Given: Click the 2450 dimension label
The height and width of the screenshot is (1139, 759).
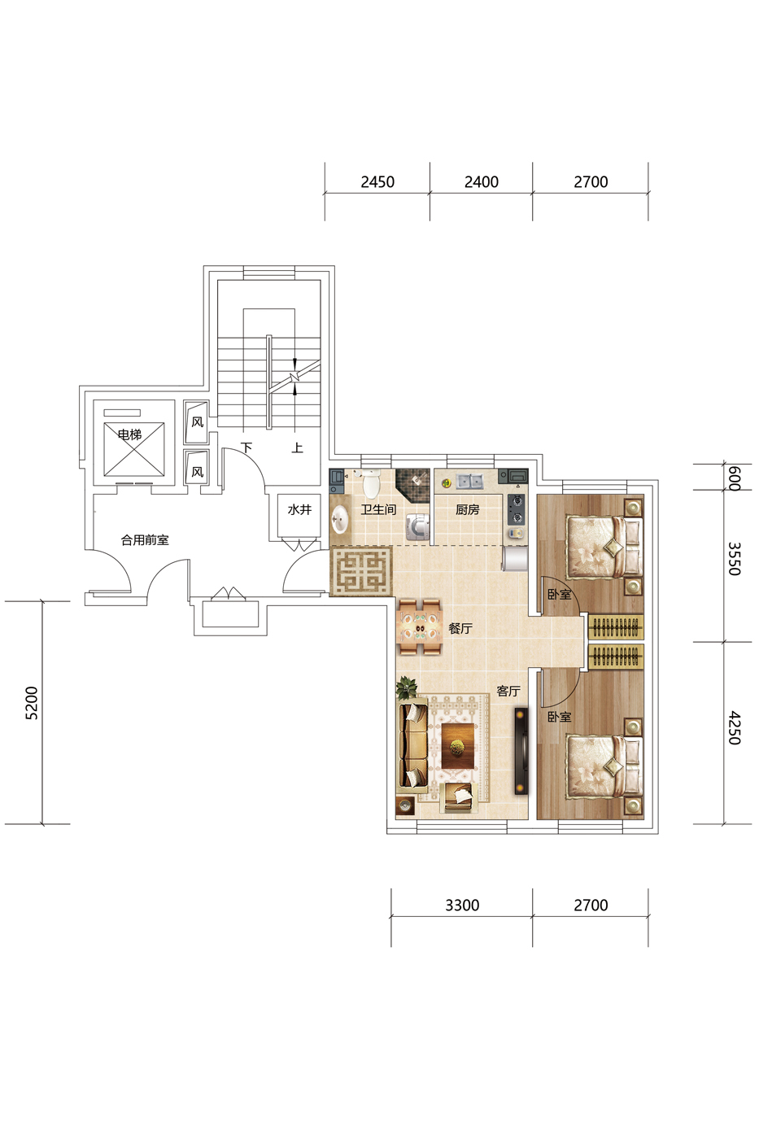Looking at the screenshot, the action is pos(377,182).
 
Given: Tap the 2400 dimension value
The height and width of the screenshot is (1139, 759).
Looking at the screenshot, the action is pos(481,182).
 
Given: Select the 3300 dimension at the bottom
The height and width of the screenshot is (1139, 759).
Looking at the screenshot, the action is pos(462,906).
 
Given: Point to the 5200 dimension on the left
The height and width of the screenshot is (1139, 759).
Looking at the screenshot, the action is pos(32,703).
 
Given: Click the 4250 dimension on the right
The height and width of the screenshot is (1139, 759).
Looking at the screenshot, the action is pos(734,728).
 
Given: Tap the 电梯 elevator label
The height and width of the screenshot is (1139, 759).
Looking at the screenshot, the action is pos(129,434).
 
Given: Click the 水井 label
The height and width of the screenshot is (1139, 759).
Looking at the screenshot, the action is pos(299,509).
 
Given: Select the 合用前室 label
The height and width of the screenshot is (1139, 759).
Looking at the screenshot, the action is pos(145,540).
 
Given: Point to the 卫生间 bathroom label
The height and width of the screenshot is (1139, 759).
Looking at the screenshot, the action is pos(379,509).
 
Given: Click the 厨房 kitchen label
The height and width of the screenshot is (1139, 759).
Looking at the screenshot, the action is pos(467,509).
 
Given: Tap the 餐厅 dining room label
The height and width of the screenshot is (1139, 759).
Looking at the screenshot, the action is pos(460,628).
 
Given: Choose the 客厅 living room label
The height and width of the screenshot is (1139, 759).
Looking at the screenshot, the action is pos(508,691).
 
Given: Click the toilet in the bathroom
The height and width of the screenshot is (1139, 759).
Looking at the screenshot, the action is pos(372,483).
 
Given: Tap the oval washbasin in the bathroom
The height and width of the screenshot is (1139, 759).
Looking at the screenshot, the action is pos(339,519).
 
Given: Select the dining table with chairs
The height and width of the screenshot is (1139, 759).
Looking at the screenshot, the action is pos(420,627).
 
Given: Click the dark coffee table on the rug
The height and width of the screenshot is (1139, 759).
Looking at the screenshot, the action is pos(458,747).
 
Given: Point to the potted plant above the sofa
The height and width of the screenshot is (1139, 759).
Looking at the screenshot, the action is pos(406,687).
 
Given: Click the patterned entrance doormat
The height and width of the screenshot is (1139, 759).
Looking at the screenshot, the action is pos(361,570).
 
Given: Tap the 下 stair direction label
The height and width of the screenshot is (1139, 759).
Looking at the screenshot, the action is pos(246,447).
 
